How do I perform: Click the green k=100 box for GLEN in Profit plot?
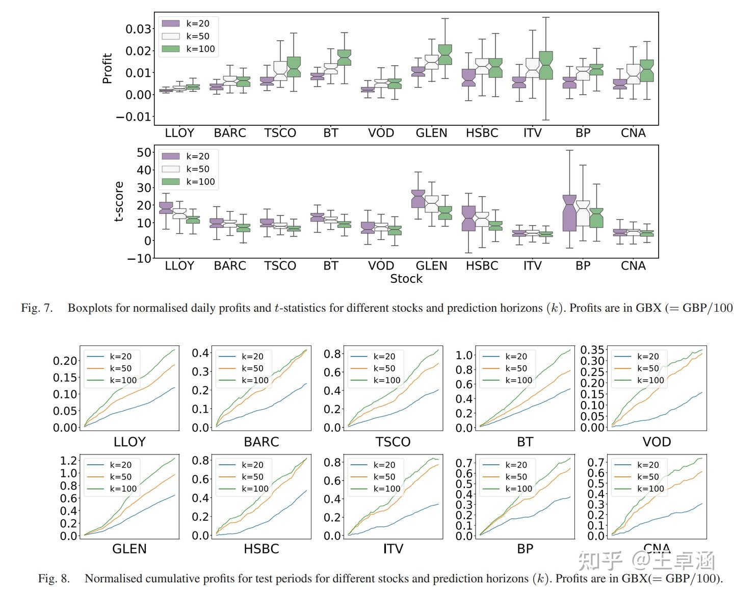(444, 55)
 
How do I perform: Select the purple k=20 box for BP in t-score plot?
(569, 213)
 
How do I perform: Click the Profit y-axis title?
(107, 68)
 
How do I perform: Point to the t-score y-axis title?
(119, 201)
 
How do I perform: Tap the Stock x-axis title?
(406, 279)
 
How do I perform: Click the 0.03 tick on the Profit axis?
(138, 29)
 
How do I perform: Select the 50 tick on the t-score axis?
(144, 152)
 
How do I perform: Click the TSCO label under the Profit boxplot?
(280, 133)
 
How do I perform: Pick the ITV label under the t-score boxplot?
(532, 266)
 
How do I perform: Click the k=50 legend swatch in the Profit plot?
(171, 36)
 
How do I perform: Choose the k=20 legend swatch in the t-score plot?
(171, 156)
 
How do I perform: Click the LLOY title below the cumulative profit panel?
(129, 442)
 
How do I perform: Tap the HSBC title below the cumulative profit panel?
(261, 549)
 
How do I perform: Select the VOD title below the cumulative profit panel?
(657, 442)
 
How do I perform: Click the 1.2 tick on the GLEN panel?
(69, 461)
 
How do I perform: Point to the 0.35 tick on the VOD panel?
(593, 350)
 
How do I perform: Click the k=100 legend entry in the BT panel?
(518, 380)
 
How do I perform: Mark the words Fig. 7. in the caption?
(37, 308)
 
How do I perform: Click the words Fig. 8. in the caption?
(54, 579)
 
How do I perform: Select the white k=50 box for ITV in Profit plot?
(533, 68)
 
